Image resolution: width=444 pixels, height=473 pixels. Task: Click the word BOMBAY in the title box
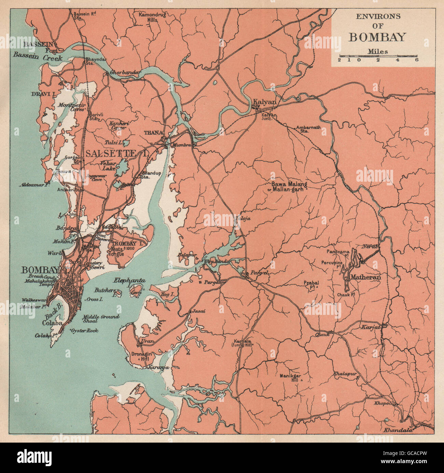(377, 37)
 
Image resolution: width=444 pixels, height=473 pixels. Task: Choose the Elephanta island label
(130, 281)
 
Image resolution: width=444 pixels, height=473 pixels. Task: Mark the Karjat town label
(370, 327)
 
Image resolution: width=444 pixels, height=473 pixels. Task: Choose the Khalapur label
(345, 374)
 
